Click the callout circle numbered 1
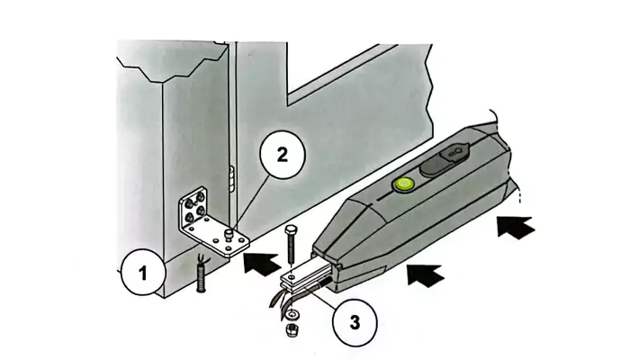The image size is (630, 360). pyautogui.click(x=143, y=273)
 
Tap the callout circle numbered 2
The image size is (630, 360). pyautogui.click(x=283, y=154)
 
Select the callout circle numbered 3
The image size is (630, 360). pyautogui.click(x=355, y=321)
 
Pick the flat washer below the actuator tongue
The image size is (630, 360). pyautogui.click(x=292, y=312)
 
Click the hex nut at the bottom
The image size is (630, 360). pyautogui.click(x=290, y=330)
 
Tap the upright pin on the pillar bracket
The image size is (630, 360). pyautogui.click(x=229, y=233)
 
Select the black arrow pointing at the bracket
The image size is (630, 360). pyautogui.click(x=262, y=263)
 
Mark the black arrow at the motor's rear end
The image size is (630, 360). pyautogui.click(x=517, y=227)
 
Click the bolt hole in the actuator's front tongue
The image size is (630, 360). pyautogui.click(x=292, y=277)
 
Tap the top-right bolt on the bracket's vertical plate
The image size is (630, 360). pyautogui.click(x=200, y=196)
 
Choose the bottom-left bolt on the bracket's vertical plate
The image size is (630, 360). pyautogui.click(x=188, y=219)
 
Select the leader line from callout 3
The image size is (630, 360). pyautogui.click(x=321, y=297)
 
